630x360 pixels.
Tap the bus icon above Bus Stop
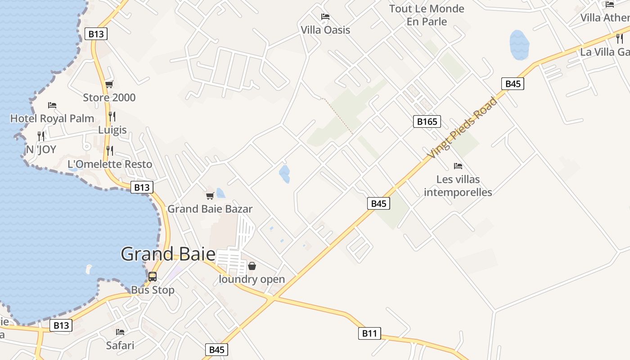point(153,276)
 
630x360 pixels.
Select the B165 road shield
point(427,121)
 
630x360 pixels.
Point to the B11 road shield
point(369,333)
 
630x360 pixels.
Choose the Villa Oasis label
point(325,30)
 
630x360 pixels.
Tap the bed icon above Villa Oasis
point(325,17)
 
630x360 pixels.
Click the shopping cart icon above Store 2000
point(109,84)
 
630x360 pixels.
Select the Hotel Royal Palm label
point(52,118)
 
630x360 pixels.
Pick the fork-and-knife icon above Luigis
point(112,117)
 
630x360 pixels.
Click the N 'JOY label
point(41,149)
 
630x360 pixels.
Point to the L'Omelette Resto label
point(110,164)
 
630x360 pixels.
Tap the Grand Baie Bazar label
point(210,209)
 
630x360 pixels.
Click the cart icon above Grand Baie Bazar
point(210,196)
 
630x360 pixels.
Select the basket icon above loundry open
point(252,266)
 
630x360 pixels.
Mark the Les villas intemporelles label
point(458,186)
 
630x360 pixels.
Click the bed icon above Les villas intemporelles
point(458,166)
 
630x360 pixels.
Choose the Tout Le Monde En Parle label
point(427,15)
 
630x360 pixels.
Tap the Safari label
point(120,346)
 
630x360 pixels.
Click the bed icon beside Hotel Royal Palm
point(52,105)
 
